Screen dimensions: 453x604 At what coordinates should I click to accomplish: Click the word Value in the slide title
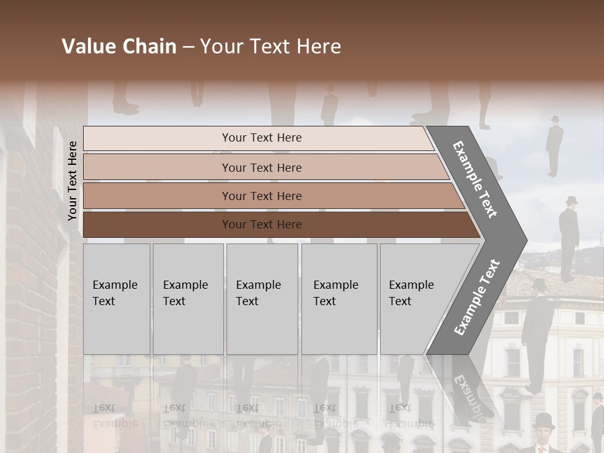pyautogui.click(x=88, y=47)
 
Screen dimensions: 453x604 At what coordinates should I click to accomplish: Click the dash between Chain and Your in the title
pyautogui.click(x=188, y=47)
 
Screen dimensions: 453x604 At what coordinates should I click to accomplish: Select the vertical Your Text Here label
pyautogui.click(x=72, y=181)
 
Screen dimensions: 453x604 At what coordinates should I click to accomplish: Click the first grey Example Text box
pyautogui.click(x=116, y=298)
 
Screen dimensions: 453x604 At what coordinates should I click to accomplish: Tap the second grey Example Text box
pyautogui.click(x=188, y=298)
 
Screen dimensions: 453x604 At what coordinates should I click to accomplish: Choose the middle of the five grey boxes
pyautogui.click(x=262, y=298)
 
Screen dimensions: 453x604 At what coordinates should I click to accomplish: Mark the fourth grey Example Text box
pyautogui.click(x=339, y=298)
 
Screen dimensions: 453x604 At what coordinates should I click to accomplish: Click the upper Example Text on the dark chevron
pyautogui.click(x=475, y=179)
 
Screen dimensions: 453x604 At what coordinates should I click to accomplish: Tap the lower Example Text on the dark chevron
pyautogui.click(x=476, y=297)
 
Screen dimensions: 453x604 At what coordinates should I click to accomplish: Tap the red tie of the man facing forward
pyautogui.click(x=544, y=447)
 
